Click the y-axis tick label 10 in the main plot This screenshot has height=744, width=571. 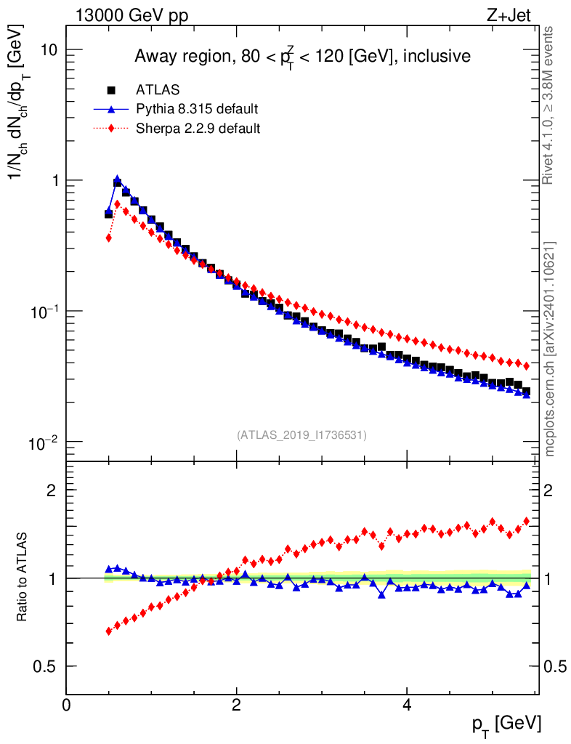(x=49, y=49)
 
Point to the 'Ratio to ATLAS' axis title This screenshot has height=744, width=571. (x=23, y=578)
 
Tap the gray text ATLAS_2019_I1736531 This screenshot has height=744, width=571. (x=301, y=435)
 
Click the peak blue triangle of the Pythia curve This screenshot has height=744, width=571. (x=118, y=179)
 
